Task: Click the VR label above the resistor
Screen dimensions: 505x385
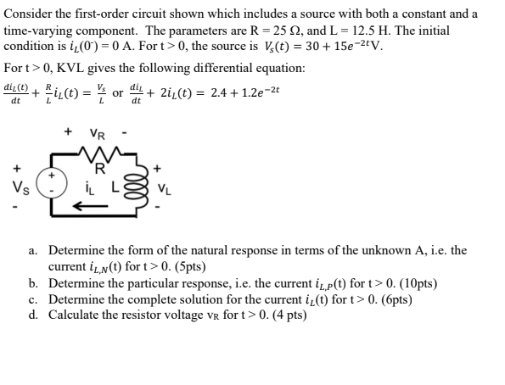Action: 100,135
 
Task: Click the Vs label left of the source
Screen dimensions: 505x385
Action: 18,187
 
